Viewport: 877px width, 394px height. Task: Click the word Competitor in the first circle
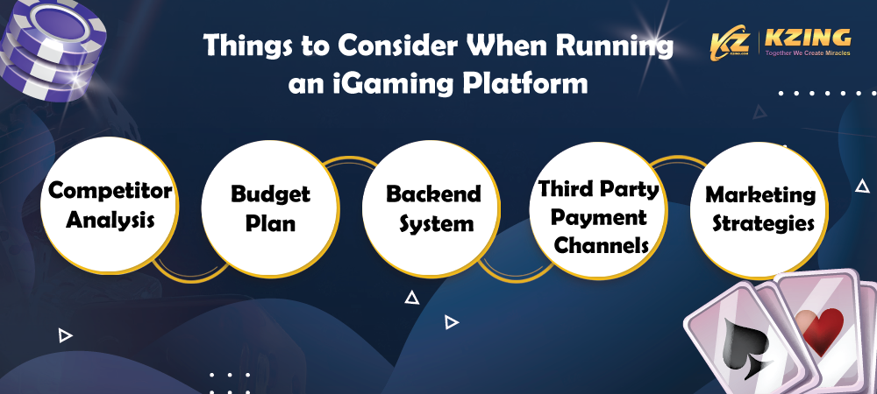click(x=111, y=192)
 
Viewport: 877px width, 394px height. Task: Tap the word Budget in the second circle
click(x=271, y=193)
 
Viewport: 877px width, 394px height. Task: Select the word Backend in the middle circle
click(x=433, y=193)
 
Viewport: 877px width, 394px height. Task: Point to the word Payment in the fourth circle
click(x=598, y=217)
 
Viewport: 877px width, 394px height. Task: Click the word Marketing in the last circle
click(x=760, y=194)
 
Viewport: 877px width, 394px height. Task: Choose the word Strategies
click(x=760, y=223)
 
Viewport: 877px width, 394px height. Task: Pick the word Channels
click(x=602, y=245)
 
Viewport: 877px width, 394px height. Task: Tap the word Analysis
click(x=111, y=220)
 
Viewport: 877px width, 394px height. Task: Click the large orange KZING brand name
click(x=807, y=38)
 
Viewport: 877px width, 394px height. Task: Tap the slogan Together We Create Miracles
click(x=807, y=53)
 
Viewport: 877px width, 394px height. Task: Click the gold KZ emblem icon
click(x=730, y=42)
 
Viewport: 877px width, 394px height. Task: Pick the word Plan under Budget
click(x=271, y=222)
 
